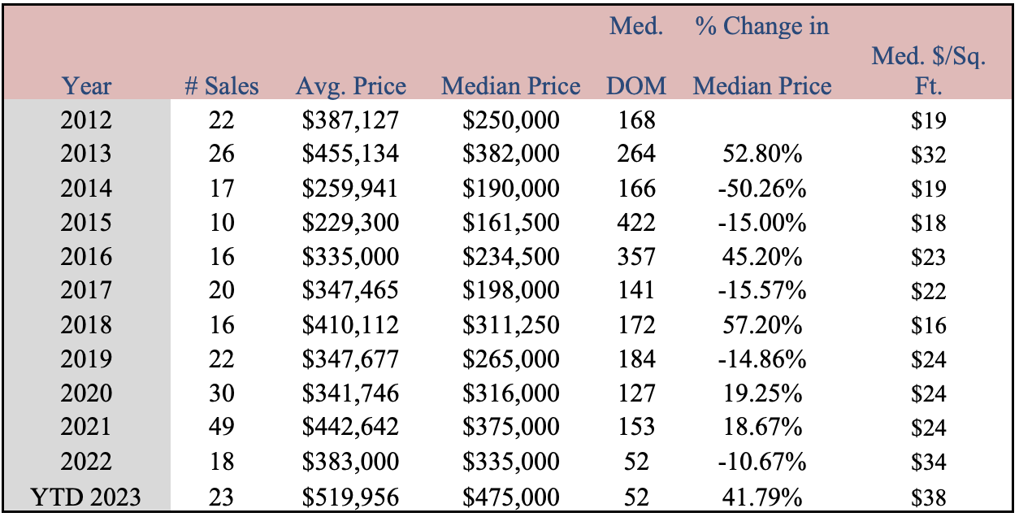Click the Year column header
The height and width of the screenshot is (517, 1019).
86,86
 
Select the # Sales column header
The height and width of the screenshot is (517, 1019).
222,86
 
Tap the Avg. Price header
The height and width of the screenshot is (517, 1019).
351,86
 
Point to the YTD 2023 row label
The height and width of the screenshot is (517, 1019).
85,497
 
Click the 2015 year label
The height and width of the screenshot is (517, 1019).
86,223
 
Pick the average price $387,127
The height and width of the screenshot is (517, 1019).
350,120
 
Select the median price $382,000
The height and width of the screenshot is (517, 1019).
511,154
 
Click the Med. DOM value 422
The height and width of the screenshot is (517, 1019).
636,223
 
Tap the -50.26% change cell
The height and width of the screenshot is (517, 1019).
762,189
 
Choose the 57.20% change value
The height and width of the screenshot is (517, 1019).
762,325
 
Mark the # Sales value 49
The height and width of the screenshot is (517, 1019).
222,427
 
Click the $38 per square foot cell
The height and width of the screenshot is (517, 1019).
929,497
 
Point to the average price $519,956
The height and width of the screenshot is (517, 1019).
350,497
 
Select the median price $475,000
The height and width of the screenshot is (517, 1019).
511,497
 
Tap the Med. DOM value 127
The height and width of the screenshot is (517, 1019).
636,393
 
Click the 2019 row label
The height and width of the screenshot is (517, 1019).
86,358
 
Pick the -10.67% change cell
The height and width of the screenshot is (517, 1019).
762,462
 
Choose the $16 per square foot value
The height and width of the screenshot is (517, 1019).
929,325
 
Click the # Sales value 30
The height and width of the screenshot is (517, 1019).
222,393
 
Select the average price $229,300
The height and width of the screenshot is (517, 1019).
350,223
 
